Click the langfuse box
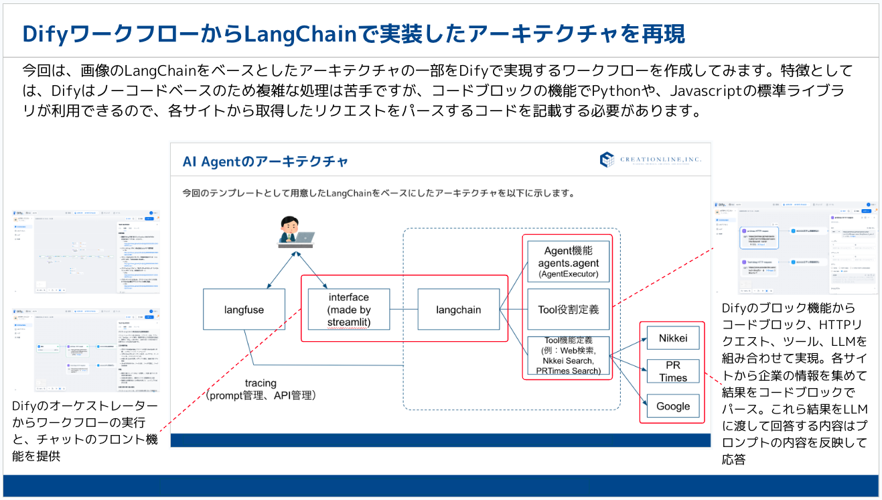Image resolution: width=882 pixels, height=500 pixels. coord(244,309)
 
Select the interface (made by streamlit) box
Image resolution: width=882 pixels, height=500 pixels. coord(348,309)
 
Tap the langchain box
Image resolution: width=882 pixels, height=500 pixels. coord(458,309)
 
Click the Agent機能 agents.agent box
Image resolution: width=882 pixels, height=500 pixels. coord(568,261)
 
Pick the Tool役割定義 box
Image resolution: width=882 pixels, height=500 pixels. coord(568,309)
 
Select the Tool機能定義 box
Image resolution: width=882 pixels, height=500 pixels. coord(568,356)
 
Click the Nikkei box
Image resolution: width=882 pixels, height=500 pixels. coord(672,338)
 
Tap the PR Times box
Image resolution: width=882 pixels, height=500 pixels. coord(672,371)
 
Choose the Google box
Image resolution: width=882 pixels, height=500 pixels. coord(672,405)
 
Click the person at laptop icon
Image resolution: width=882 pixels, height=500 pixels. coord(295,232)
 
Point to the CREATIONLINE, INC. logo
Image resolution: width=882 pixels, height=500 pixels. coord(650,160)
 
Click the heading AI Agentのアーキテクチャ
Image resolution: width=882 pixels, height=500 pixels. coord(265,162)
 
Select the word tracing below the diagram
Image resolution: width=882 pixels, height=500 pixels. coord(261,383)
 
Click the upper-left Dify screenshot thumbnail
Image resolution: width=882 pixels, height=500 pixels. coord(86,251)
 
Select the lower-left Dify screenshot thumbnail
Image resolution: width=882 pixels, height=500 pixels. coord(86,349)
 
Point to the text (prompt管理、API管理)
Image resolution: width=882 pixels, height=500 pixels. coord(261,395)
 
